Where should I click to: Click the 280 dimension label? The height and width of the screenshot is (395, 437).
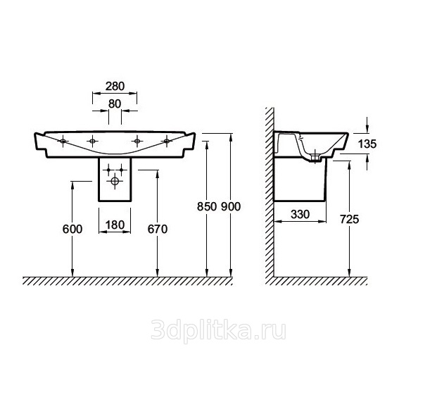pyautogui.click(x=115, y=87)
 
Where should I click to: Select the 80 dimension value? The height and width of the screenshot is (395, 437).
pyautogui.click(x=115, y=104)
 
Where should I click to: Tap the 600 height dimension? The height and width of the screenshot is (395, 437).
pyautogui.click(x=72, y=229)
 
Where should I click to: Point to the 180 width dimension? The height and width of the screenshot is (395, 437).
pyautogui.click(x=115, y=225)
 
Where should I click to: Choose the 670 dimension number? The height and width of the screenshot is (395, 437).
pyautogui.click(x=158, y=229)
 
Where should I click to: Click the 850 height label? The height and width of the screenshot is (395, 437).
pyautogui.click(x=207, y=206)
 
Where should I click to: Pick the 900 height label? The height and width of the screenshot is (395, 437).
pyautogui.click(x=231, y=206)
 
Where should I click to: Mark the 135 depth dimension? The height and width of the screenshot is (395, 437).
pyautogui.click(x=367, y=144)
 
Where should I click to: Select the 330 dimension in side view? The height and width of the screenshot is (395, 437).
pyautogui.click(x=300, y=214)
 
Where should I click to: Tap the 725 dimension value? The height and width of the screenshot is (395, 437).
pyautogui.click(x=350, y=220)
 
